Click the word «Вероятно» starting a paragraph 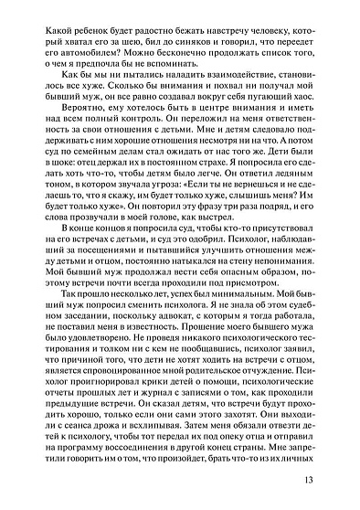[69, 136]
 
